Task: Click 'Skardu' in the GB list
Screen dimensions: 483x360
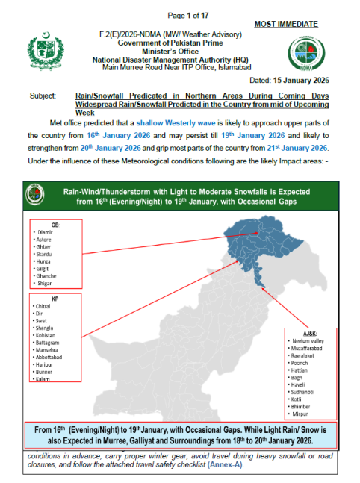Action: [44, 254]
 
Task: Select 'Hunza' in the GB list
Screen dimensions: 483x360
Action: [43, 261]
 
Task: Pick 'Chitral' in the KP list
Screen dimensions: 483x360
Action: [44, 305]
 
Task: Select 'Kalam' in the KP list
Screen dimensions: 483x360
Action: [43, 380]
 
